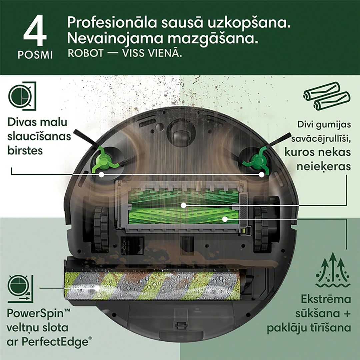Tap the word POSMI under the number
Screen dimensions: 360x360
[x=35, y=54]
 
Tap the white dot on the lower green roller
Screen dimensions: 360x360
[x=225, y=219]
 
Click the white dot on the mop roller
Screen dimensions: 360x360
[x=98, y=287]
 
